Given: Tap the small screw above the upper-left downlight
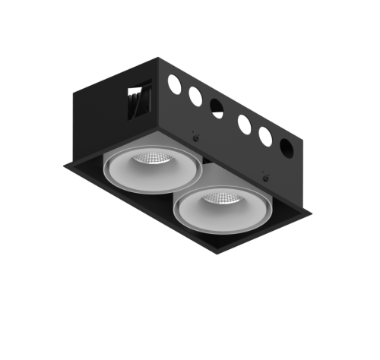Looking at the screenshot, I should pyautogui.click(x=195, y=136).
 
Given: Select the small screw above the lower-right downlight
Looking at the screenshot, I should pyautogui.click(x=266, y=174).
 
